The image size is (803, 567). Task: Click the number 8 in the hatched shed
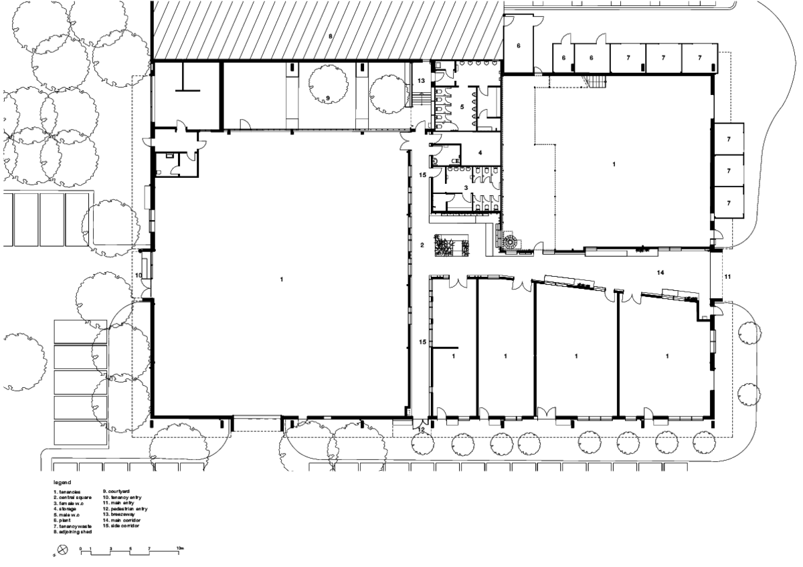click(x=330, y=35)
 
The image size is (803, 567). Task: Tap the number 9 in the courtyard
click(x=327, y=98)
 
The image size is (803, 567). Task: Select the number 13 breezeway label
click(x=422, y=80)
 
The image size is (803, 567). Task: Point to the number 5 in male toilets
click(x=462, y=106)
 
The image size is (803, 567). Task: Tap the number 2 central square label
click(x=422, y=245)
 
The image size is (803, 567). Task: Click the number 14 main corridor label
click(x=660, y=273)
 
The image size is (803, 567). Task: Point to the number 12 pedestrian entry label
click(x=421, y=430)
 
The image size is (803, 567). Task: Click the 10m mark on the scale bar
click(x=180, y=547)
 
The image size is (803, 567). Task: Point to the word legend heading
click(x=62, y=481)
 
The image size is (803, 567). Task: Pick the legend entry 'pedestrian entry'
click(x=124, y=509)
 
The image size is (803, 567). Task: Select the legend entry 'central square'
click(x=74, y=498)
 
